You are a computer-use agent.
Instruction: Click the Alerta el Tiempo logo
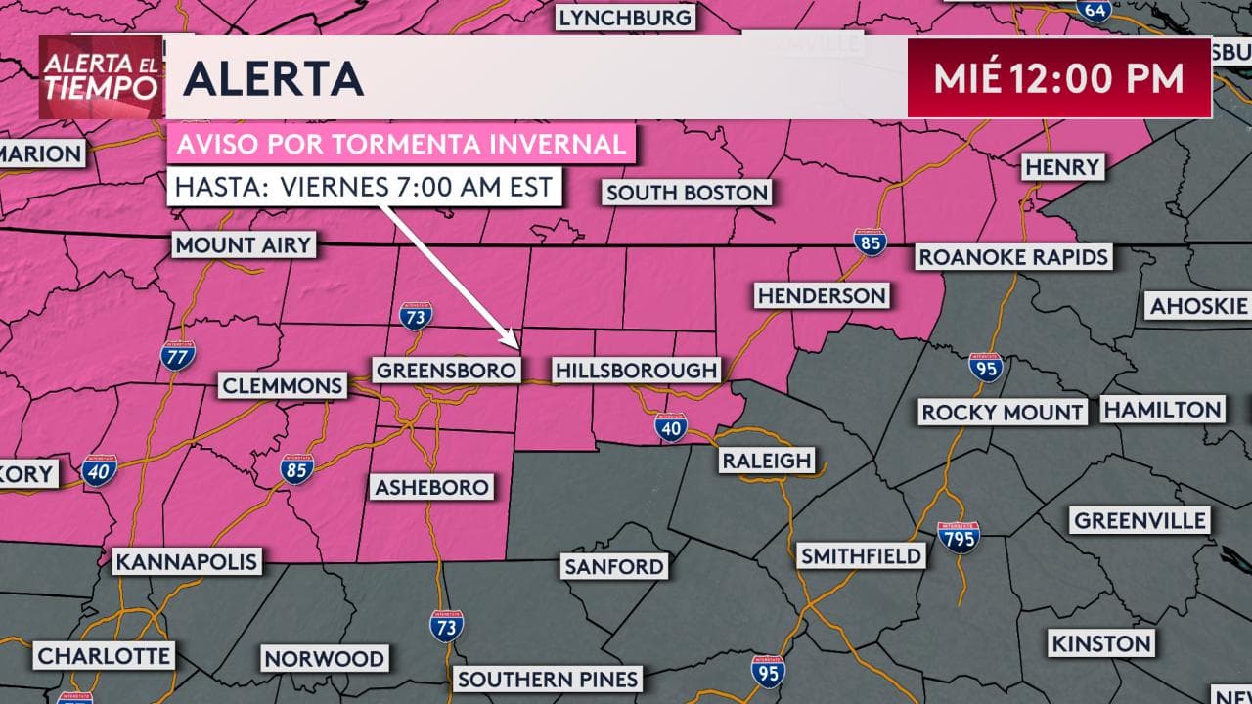point(101,77)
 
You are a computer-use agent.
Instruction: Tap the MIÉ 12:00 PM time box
point(1059,78)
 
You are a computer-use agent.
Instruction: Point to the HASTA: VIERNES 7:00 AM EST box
point(365,186)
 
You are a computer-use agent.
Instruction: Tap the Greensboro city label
point(446,371)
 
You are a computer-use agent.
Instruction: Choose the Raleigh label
point(767,461)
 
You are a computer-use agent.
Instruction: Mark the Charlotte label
point(105,654)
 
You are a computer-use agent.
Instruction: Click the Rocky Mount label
point(1003,412)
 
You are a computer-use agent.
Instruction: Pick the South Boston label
point(687,193)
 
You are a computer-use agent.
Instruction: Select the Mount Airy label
point(244,244)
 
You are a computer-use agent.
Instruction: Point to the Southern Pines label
point(548,679)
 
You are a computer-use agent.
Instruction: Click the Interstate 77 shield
point(178,355)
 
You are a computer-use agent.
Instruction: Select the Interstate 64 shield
point(1094,10)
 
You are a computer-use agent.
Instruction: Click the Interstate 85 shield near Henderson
point(869,242)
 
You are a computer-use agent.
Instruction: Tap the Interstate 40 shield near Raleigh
point(671,427)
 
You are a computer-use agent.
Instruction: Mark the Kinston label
point(1100,643)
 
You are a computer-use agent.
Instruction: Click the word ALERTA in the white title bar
point(273,79)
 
